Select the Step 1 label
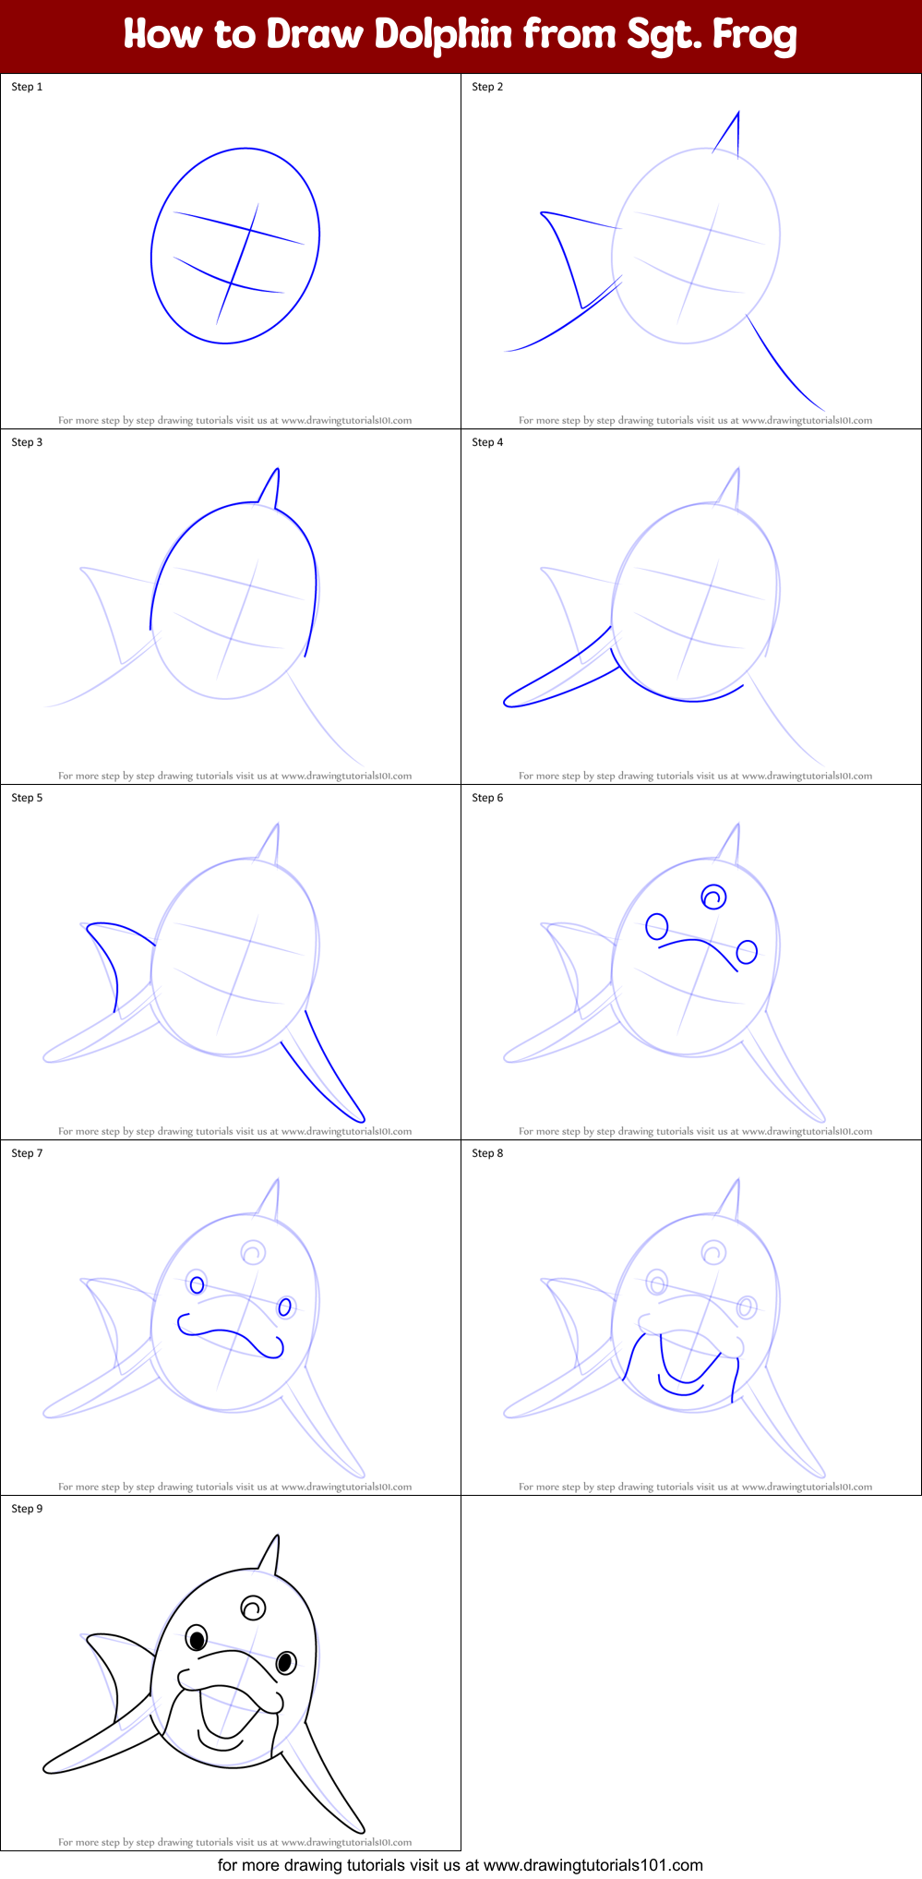click(x=27, y=87)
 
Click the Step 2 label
click(x=487, y=87)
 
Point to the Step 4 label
click(x=487, y=442)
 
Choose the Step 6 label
click(x=487, y=798)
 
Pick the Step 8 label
click(x=487, y=1153)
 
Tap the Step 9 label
click(x=27, y=1509)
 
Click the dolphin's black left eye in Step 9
click(x=197, y=1639)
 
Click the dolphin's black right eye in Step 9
click(x=286, y=1663)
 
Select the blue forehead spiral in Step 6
click(x=713, y=897)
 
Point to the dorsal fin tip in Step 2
click(x=738, y=113)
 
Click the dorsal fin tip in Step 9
click(x=278, y=1536)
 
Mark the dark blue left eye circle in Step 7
click(x=197, y=1283)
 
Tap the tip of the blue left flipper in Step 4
click(x=507, y=703)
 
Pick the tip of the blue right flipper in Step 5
click(x=363, y=1120)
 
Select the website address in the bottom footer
click(x=593, y=1865)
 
